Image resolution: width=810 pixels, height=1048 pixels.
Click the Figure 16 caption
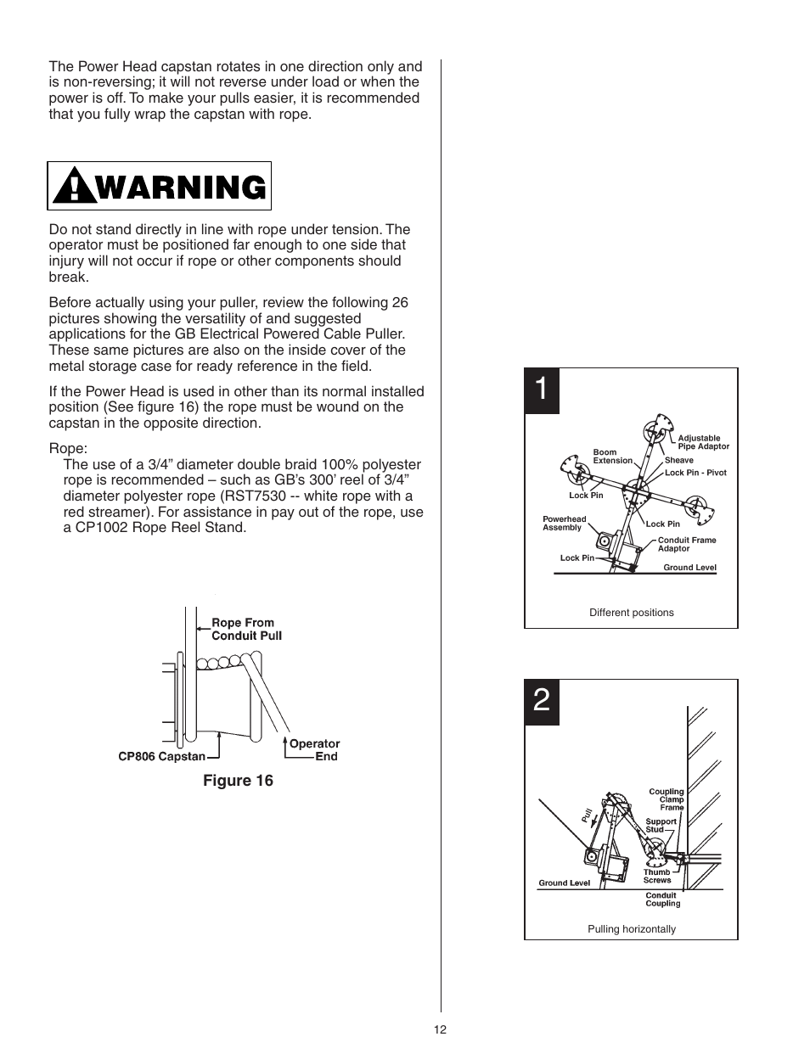tap(238, 781)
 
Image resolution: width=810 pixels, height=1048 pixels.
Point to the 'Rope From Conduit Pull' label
tap(246, 629)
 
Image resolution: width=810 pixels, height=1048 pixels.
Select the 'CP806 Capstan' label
tap(161, 756)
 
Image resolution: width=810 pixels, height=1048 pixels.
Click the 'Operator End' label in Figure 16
tap(315, 750)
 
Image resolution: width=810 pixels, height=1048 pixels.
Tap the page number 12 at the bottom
tap(440, 1030)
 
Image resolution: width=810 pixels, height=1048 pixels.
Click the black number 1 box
tap(542, 390)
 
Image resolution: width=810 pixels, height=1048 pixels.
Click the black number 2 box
tap(542, 702)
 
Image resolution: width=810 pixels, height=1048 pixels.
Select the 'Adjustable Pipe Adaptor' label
tap(703, 442)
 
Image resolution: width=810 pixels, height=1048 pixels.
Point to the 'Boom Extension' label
tap(612, 457)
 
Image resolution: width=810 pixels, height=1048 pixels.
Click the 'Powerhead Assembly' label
tap(564, 523)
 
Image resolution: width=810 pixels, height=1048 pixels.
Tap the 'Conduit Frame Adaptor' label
tap(686, 544)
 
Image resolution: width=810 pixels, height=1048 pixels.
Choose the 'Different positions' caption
tap(631, 613)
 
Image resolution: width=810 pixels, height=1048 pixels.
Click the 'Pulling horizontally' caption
tap(632, 929)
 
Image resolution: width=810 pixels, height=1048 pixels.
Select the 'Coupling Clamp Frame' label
tap(667, 799)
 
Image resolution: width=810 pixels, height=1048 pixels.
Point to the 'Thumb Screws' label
tap(656, 876)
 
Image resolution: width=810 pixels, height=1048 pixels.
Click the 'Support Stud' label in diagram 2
tap(661, 825)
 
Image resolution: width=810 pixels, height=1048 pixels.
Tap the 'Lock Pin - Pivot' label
tap(695, 473)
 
